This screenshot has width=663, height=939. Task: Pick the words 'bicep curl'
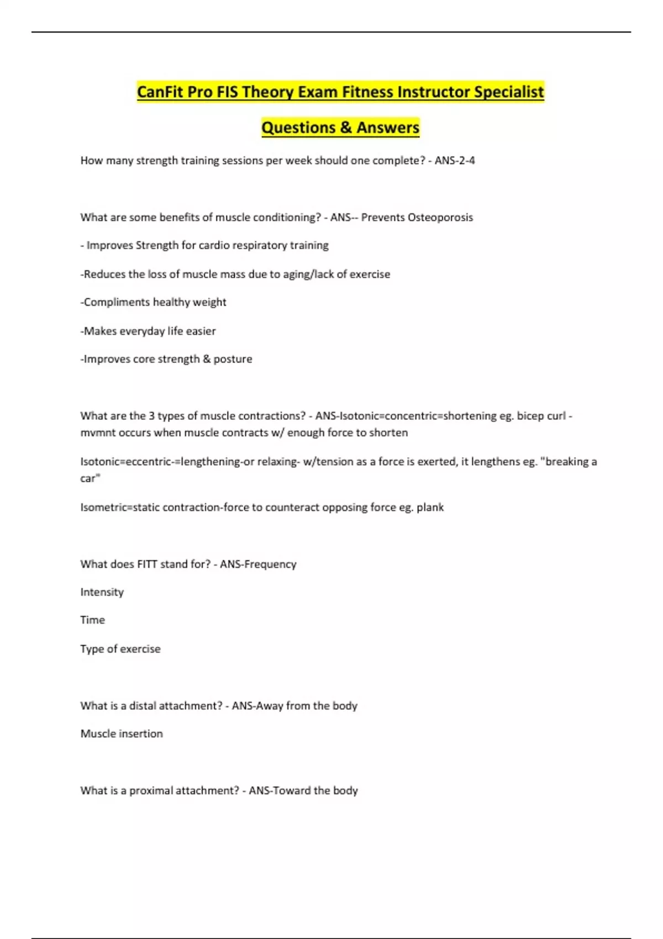(x=541, y=416)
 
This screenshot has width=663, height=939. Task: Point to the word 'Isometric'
(x=103, y=508)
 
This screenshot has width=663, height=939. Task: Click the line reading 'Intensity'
(x=102, y=592)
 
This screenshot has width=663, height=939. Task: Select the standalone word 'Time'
(x=92, y=620)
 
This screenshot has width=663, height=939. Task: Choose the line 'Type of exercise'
(x=120, y=649)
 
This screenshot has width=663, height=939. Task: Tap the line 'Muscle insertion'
(x=122, y=734)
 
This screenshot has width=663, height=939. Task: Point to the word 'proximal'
(x=151, y=791)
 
